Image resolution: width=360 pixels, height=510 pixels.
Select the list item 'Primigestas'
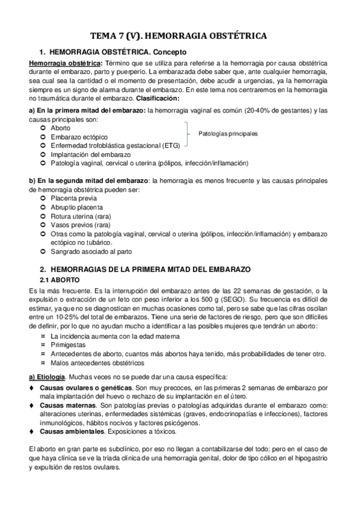68,345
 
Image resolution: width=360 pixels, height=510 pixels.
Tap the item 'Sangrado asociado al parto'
91,251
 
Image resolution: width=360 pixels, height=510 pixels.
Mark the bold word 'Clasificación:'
157,98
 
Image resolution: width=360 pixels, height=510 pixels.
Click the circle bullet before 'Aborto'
42,129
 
